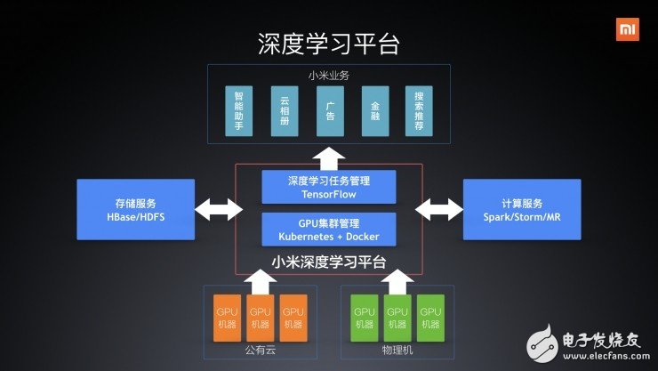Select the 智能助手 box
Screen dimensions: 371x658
(238, 111)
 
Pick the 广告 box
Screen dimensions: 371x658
(329, 111)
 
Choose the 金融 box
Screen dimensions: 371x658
(374, 111)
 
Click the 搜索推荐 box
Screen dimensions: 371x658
(419, 111)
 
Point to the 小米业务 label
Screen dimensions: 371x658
(328, 76)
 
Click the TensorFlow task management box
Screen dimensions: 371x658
(328, 187)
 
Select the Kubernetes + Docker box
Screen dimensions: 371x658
(328, 229)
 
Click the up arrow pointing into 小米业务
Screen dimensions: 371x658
(328, 155)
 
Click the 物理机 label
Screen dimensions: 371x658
(397, 352)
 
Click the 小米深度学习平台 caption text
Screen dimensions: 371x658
(328, 262)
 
